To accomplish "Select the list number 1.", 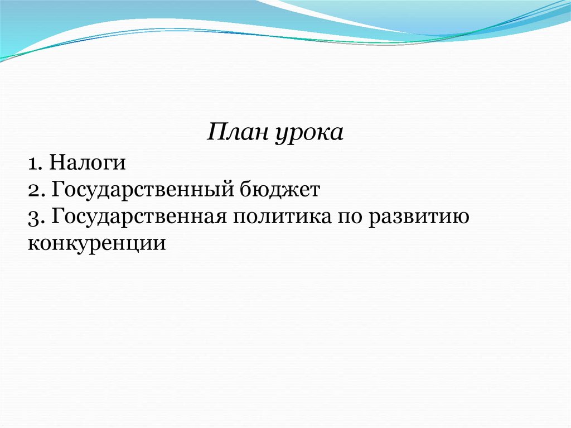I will pyautogui.click(x=33, y=164).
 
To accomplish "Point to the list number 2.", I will pyautogui.click(x=35, y=190).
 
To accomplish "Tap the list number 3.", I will pyautogui.click(x=35, y=217).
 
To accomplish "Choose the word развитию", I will pyautogui.click(x=418, y=217).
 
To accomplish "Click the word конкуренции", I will pyautogui.click(x=96, y=243).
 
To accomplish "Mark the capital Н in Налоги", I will pyautogui.click(x=56, y=163).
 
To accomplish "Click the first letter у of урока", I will pyautogui.click(x=280, y=137).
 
